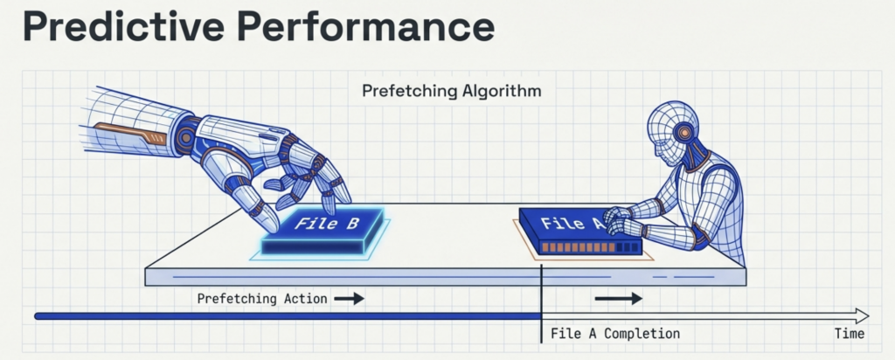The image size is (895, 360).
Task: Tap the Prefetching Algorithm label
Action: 452,91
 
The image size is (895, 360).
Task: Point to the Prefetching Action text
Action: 262,299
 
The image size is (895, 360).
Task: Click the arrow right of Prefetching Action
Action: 349,299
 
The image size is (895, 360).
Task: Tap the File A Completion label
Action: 615,334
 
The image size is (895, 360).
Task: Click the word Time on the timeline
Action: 849,334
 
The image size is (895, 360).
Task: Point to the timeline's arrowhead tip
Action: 867,315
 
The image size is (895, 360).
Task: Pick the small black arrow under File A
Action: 618,299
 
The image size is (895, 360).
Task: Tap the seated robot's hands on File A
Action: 621,222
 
